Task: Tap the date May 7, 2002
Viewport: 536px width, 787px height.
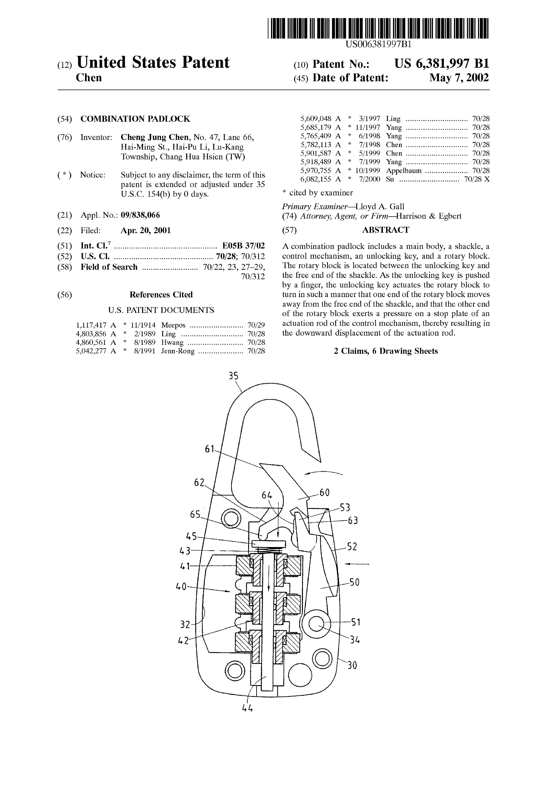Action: click(459, 78)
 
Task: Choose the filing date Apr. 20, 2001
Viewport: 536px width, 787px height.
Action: click(146, 231)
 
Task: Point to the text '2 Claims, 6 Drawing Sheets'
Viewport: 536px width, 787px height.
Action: click(386, 351)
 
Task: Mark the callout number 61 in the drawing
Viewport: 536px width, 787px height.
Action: click(210, 449)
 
